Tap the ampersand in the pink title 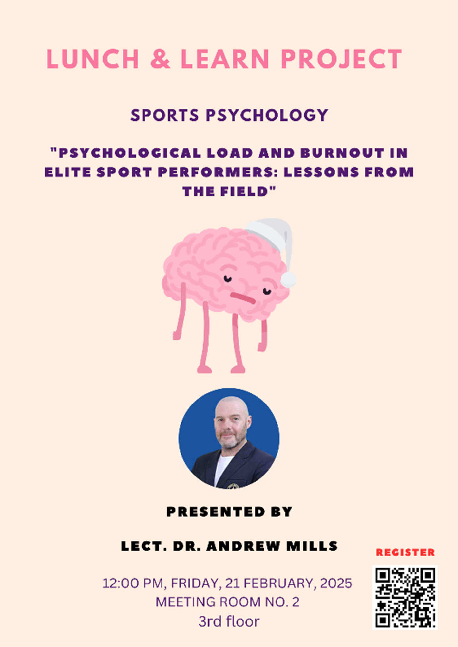click(160, 59)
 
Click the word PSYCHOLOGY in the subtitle click(267, 115)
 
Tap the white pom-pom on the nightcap click(288, 280)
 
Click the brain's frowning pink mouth click(242, 298)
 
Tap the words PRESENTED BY click(229, 512)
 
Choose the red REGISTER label click(405, 553)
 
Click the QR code click(405, 597)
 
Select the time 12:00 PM click(133, 584)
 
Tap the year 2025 click(336, 584)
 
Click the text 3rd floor click(229, 621)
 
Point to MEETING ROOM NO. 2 click(227, 602)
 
